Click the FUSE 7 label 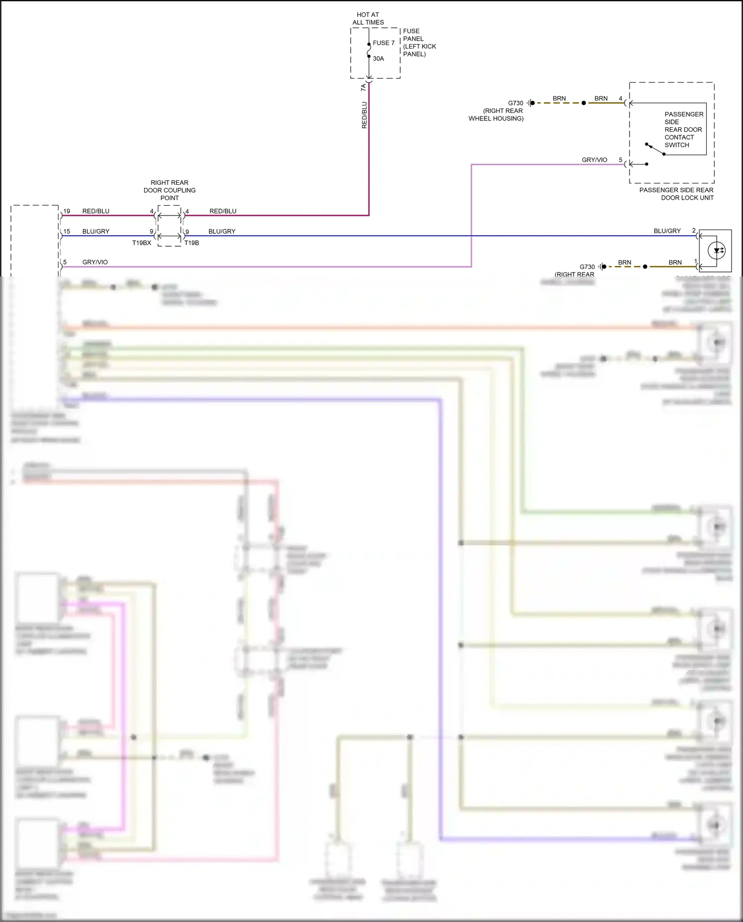point(383,43)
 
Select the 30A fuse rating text point(378,58)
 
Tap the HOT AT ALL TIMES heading point(368,18)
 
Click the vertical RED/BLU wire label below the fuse point(365,115)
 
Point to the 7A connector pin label point(364,87)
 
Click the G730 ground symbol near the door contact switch point(531,103)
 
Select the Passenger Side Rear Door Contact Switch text point(683,130)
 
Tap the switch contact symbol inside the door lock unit point(655,149)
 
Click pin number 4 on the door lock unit point(620,99)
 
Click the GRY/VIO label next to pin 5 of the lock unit point(594,160)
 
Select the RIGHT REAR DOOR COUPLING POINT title point(169,190)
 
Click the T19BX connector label point(142,243)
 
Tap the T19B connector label point(192,243)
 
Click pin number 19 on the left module point(67,211)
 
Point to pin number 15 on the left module point(67,231)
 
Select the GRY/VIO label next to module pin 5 point(95,262)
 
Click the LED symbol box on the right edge point(716,251)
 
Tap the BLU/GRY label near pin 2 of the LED point(667,231)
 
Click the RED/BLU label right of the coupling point point(223,211)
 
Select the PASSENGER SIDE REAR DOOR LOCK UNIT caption point(676,194)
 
